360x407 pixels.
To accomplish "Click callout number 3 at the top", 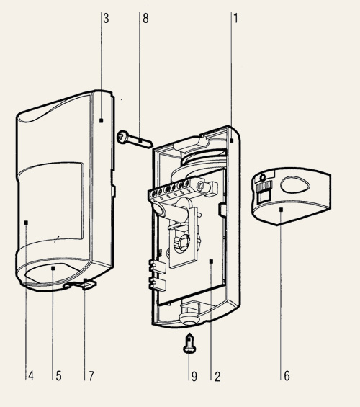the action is pos(106,19).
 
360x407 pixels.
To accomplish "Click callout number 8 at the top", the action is pos(145,19).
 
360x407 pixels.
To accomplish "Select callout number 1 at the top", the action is pos(235,19).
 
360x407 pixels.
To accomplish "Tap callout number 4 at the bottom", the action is pos(31,375).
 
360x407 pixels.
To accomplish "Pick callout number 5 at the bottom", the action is pos(58,375).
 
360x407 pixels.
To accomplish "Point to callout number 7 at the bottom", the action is pos(91,375).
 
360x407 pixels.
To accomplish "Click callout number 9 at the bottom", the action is pos(194,376).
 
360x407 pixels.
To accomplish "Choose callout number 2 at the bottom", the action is pos(217,376).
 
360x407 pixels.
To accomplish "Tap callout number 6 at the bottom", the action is pos(287,375).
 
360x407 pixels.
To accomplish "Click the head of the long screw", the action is pos(122,137).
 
